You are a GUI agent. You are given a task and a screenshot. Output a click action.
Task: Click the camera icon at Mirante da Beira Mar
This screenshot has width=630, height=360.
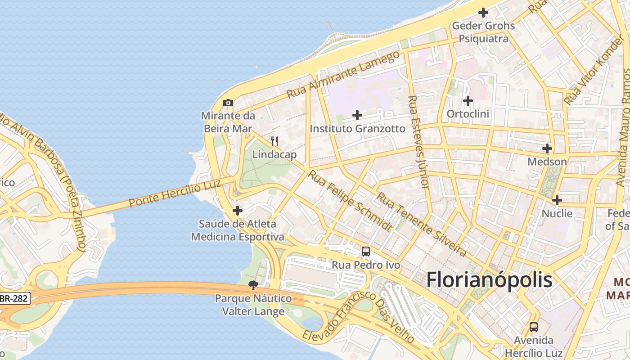point(228,103)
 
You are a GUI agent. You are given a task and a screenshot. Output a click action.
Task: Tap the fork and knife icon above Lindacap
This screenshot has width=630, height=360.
point(274,141)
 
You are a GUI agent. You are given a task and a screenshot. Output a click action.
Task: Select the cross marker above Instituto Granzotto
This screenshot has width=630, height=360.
point(357,115)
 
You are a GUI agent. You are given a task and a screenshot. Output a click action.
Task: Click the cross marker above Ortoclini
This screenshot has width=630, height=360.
point(468,101)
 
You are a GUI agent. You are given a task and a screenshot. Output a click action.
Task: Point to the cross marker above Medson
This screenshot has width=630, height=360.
point(547,148)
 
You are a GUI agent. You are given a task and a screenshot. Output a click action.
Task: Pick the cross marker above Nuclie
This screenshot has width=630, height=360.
point(557,200)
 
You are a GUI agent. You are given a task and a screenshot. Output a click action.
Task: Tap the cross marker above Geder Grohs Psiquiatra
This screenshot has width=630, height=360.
point(483,13)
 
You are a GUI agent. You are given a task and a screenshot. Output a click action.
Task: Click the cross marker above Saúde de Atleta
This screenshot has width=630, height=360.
point(238,210)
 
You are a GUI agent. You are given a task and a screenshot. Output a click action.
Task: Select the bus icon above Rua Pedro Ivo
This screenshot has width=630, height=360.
point(366,252)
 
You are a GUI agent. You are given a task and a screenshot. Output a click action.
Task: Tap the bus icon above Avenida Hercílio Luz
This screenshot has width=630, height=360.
point(534,327)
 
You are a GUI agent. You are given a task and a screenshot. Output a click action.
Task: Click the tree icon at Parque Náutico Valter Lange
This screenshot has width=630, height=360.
point(254,285)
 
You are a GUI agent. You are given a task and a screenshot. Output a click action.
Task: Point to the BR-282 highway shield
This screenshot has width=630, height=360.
point(15,298)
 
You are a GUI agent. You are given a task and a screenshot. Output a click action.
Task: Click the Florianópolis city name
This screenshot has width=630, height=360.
point(489,279)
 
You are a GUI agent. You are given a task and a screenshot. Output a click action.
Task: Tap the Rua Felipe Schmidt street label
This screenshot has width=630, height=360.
point(349,201)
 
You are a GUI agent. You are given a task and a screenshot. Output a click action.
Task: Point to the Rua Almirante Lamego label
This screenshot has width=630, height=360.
point(343,75)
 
